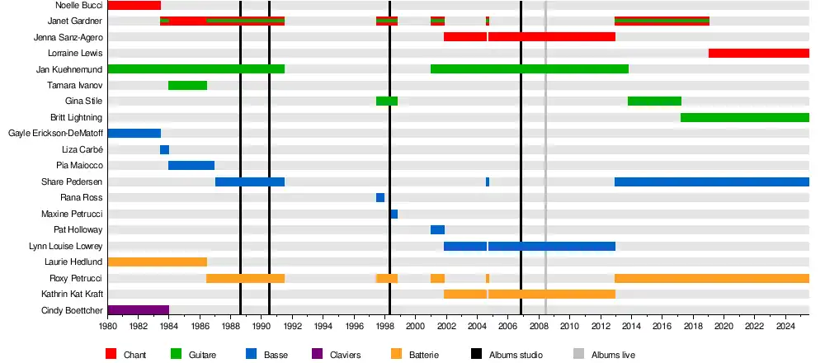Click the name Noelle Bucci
point(79,6)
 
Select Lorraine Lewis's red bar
point(758,54)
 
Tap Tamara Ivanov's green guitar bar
point(187,85)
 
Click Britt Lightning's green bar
point(744,117)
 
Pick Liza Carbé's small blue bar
point(164,149)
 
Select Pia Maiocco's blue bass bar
point(191,165)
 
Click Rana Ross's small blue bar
point(380,197)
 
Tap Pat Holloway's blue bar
point(437,229)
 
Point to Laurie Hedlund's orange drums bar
point(157,262)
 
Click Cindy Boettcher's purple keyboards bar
point(138,310)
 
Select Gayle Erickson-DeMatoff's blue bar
point(134,134)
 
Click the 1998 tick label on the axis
point(384,328)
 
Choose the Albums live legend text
point(613,355)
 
